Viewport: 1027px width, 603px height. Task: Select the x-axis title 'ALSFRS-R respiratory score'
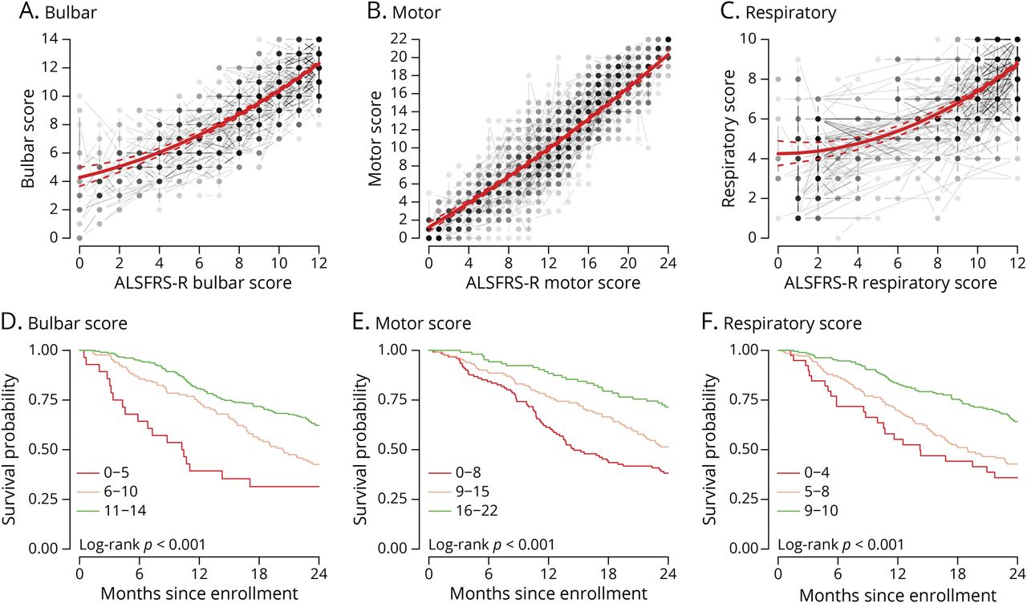tap(897, 285)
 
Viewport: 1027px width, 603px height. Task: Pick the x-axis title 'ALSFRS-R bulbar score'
tap(200, 285)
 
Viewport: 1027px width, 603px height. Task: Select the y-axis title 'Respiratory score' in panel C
tap(728, 138)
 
